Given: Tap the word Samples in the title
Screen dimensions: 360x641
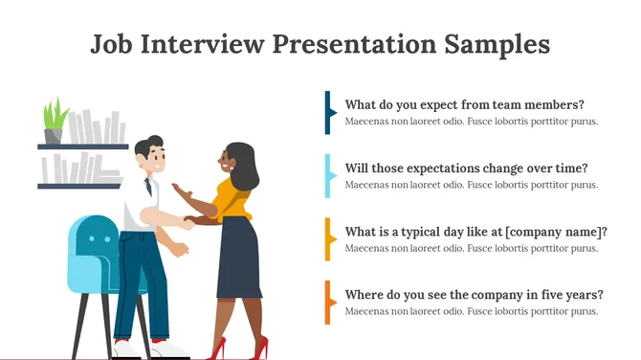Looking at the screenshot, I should [x=499, y=44].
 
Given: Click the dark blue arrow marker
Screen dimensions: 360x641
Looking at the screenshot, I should [x=328, y=112].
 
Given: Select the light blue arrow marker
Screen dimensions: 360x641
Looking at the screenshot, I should [x=328, y=175].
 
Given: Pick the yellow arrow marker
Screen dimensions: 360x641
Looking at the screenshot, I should [x=328, y=238].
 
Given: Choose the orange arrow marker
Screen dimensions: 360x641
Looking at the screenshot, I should [x=328, y=302].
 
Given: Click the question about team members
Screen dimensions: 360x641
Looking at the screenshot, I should [x=464, y=104].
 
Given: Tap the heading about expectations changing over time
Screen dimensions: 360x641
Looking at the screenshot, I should [x=466, y=168].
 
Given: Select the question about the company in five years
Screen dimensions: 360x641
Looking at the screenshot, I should [x=474, y=294].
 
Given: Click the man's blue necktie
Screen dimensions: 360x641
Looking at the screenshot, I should [x=148, y=189].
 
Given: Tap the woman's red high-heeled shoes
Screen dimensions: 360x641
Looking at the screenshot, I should [x=220, y=348].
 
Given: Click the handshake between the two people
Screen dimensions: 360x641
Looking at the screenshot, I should [x=188, y=221].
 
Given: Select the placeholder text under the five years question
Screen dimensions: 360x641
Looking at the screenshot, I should [x=471, y=311].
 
